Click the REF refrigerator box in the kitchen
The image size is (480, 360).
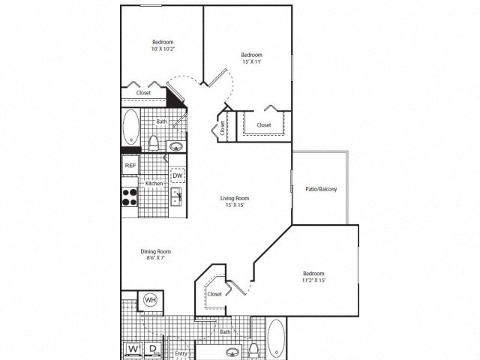click(x=130, y=165)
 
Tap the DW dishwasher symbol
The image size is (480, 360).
click(x=178, y=175)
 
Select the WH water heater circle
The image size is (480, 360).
click(x=149, y=301)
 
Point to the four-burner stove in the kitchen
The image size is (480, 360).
click(x=130, y=196)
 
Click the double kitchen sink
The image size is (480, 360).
click(x=177, y=197)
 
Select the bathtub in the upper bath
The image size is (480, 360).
click(x=130, y=127)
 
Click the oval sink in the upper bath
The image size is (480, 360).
click(x=176, y=146)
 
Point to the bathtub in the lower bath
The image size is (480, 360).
click(x=276, y=338)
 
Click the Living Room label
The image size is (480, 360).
click(x=234, y=199)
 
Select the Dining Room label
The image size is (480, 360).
click(x=156, y=251)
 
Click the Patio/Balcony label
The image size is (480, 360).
click(x=321, y=189)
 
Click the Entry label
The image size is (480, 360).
click(x=181, y=353)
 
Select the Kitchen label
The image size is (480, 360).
click(x=154, y=184)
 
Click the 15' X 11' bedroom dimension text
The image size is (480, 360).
click(x=251, y=63)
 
